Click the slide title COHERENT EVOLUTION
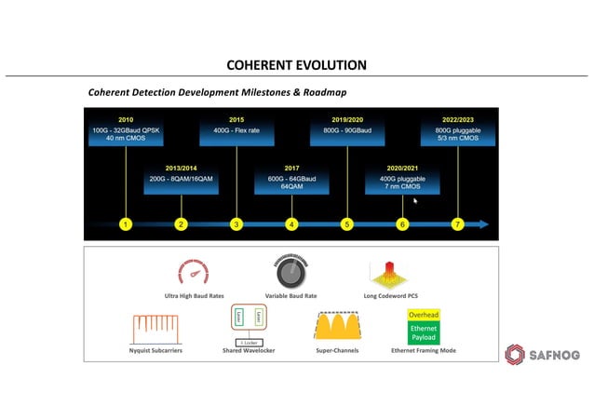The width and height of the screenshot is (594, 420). [x=297, y=65]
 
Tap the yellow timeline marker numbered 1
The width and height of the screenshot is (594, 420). [x=126, y=224]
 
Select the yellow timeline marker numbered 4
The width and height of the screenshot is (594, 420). [x=291, y=224]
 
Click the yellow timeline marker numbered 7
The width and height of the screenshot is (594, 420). [x=457, y=224]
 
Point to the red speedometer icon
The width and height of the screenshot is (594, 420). [x=194, y=273]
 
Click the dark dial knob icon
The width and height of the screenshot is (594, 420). [x=290, y=271]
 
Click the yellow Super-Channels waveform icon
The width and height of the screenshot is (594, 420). [x=337, y=326]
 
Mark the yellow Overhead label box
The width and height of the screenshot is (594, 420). [x=424, y=315]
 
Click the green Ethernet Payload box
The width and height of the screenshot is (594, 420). [x=424, y=332]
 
